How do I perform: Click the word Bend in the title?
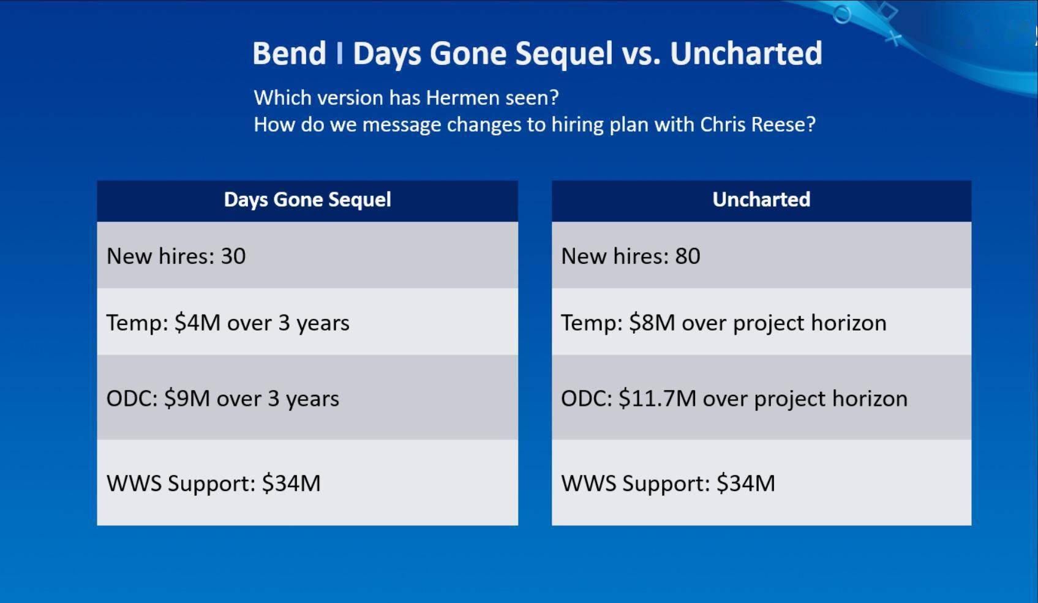tap(290, 53)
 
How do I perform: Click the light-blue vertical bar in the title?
tap(340, 53)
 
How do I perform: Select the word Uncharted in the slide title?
tap(746, 53)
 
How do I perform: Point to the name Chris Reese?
tap(758, 124)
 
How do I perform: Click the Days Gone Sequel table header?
tap(307, 200)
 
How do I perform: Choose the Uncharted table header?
tap(761, 200)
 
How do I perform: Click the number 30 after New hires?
tap(233, 256)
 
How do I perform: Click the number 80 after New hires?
tap(688, 256)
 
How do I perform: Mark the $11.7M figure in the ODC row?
tap(658, 399)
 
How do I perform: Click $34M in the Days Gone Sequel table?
tap(291, 483)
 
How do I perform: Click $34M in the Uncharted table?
tap(746, 483)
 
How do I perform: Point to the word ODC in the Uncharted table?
tap(587, 399)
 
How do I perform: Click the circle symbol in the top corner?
tap(842, 14)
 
